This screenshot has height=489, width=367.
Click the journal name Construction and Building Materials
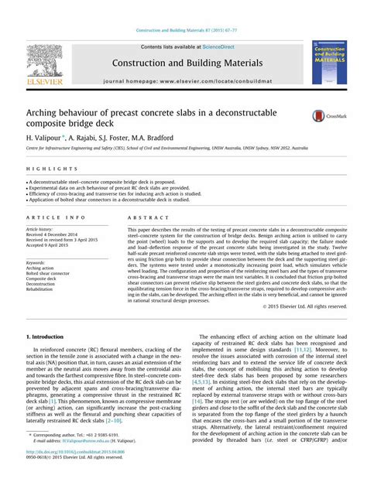point(187,63)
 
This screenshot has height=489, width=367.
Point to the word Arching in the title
point(47,113)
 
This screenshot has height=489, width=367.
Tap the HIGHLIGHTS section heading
point(43,168)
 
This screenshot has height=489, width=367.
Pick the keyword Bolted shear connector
point(48,273)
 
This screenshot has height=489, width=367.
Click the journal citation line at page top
point(187,30)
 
